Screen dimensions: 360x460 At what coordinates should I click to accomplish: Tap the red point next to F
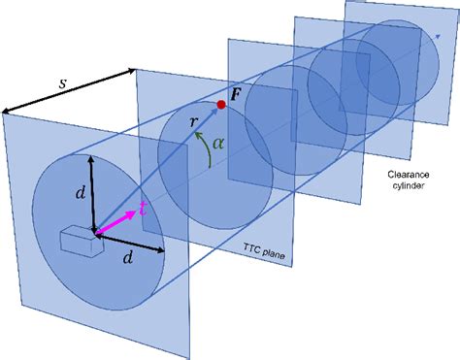pyautogui.click(x=221, y=104)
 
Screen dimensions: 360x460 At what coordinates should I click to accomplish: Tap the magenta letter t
pyautogui.click(x=143, y=210)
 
